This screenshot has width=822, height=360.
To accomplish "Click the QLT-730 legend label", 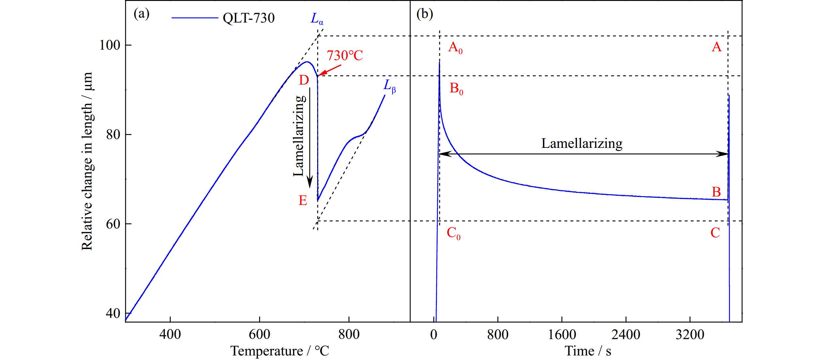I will (x=248, y=18).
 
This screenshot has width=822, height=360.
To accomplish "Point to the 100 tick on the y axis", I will (x=110, y=45).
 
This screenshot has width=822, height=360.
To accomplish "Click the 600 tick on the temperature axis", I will (x=259, y=335).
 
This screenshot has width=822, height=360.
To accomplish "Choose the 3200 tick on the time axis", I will (x=690, y=335).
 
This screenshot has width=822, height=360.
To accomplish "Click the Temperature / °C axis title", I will (x=280, y=351).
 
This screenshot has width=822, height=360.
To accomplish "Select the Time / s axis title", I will (x=588, y=351).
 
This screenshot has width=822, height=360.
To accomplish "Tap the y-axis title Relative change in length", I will (x=87, y=161).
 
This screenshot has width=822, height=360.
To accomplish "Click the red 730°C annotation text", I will (x=345, y=56).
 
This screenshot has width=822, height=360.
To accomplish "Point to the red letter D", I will (x=304, y=80).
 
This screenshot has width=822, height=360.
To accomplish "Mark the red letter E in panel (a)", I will (x=303, y=200).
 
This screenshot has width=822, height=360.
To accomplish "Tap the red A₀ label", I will (x=455, y=48).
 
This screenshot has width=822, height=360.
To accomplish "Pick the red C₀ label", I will (x=454, y=233).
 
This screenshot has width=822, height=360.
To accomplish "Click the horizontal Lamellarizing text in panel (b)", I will (x=582, y=144).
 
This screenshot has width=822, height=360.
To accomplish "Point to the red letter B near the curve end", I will (x=716, y=192).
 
